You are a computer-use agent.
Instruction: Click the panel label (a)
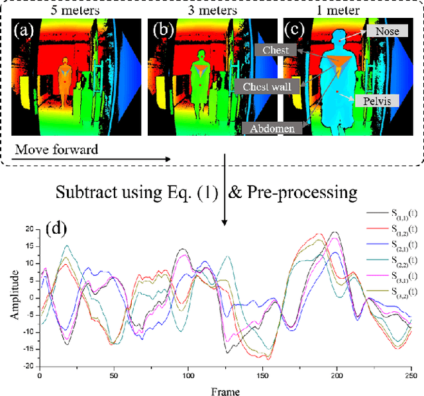tap(28, 30)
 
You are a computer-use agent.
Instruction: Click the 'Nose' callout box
tap(386, 31)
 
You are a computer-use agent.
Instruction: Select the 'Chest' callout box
tap(276, 50)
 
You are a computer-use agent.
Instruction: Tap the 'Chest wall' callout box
tap(266, 85)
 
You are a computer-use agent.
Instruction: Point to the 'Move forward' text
tap(56, 150)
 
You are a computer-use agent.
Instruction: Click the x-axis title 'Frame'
tap(222, 391)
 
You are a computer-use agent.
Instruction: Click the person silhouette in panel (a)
tap(65, 83)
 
